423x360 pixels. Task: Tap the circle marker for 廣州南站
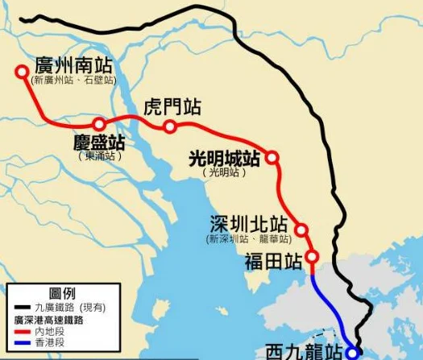22,72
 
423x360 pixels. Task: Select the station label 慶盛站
99,143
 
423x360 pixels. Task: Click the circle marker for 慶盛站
99,124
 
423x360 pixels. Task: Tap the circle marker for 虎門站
169,126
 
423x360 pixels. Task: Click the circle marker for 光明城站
272,158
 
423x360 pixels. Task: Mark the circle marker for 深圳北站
301,230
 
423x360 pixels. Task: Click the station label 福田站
273,261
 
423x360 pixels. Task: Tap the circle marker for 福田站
313,258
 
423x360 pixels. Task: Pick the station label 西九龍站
305,351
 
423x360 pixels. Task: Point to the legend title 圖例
65,292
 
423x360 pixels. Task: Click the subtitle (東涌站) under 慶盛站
99,156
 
